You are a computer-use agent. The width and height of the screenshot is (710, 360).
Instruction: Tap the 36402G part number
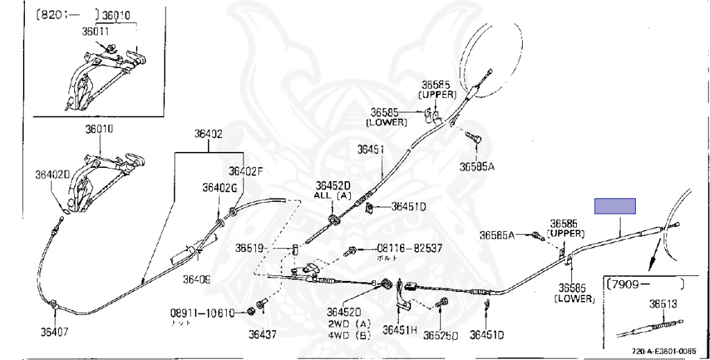coord(219,187)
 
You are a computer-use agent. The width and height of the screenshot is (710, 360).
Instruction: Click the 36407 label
coord(54,331)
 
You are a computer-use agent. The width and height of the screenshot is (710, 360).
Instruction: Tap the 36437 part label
coord(263,334)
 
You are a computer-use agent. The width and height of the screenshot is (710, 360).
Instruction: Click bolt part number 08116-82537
coord(408,248)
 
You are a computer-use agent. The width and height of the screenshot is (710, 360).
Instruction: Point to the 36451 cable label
coord(371,149)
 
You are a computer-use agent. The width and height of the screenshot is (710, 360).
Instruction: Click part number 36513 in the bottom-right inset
coord(663,303)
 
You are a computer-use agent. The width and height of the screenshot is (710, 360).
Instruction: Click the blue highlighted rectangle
coord(615,205)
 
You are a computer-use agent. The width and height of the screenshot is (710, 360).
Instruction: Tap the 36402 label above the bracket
coord(209,134)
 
